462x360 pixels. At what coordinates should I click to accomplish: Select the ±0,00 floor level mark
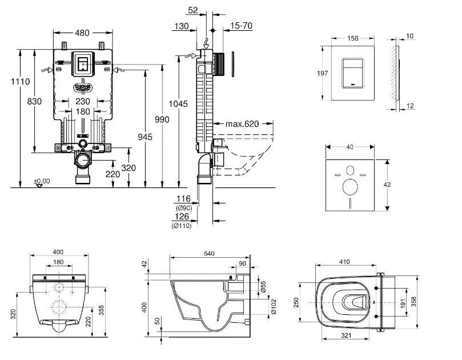point(42,181)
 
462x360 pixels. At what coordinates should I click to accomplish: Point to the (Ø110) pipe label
point(182,226)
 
